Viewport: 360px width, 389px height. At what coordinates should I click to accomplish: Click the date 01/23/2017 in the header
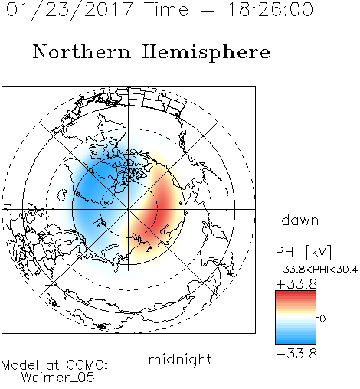tap(70, 9)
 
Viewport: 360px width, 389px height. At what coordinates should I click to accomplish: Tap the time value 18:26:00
tap(270, 9)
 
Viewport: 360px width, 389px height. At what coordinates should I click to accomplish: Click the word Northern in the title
tap(82, 51)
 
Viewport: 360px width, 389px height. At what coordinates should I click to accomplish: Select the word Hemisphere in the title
tap(206, 52)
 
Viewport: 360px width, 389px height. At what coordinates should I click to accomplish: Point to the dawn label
tap(300, 220)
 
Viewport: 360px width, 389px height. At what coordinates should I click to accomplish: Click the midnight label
tap(180, 360)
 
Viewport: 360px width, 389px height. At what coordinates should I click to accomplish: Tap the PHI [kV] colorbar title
tap(303, 252)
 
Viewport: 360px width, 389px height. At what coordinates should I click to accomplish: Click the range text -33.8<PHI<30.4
tap(317, 270)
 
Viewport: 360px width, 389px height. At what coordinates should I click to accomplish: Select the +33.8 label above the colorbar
tap(296, 284)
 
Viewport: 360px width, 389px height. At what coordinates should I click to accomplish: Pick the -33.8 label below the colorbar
tap(296, 354)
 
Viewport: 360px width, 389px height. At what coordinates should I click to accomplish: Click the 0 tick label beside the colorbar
tap(322, 319)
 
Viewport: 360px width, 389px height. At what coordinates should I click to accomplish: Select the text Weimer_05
tap(58, 377)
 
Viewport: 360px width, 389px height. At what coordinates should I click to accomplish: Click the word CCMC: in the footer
tap(87, 365)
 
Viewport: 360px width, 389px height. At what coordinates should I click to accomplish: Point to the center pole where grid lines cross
tap(129, 209)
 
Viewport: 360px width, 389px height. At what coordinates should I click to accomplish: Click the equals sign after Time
tap(208, 10)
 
